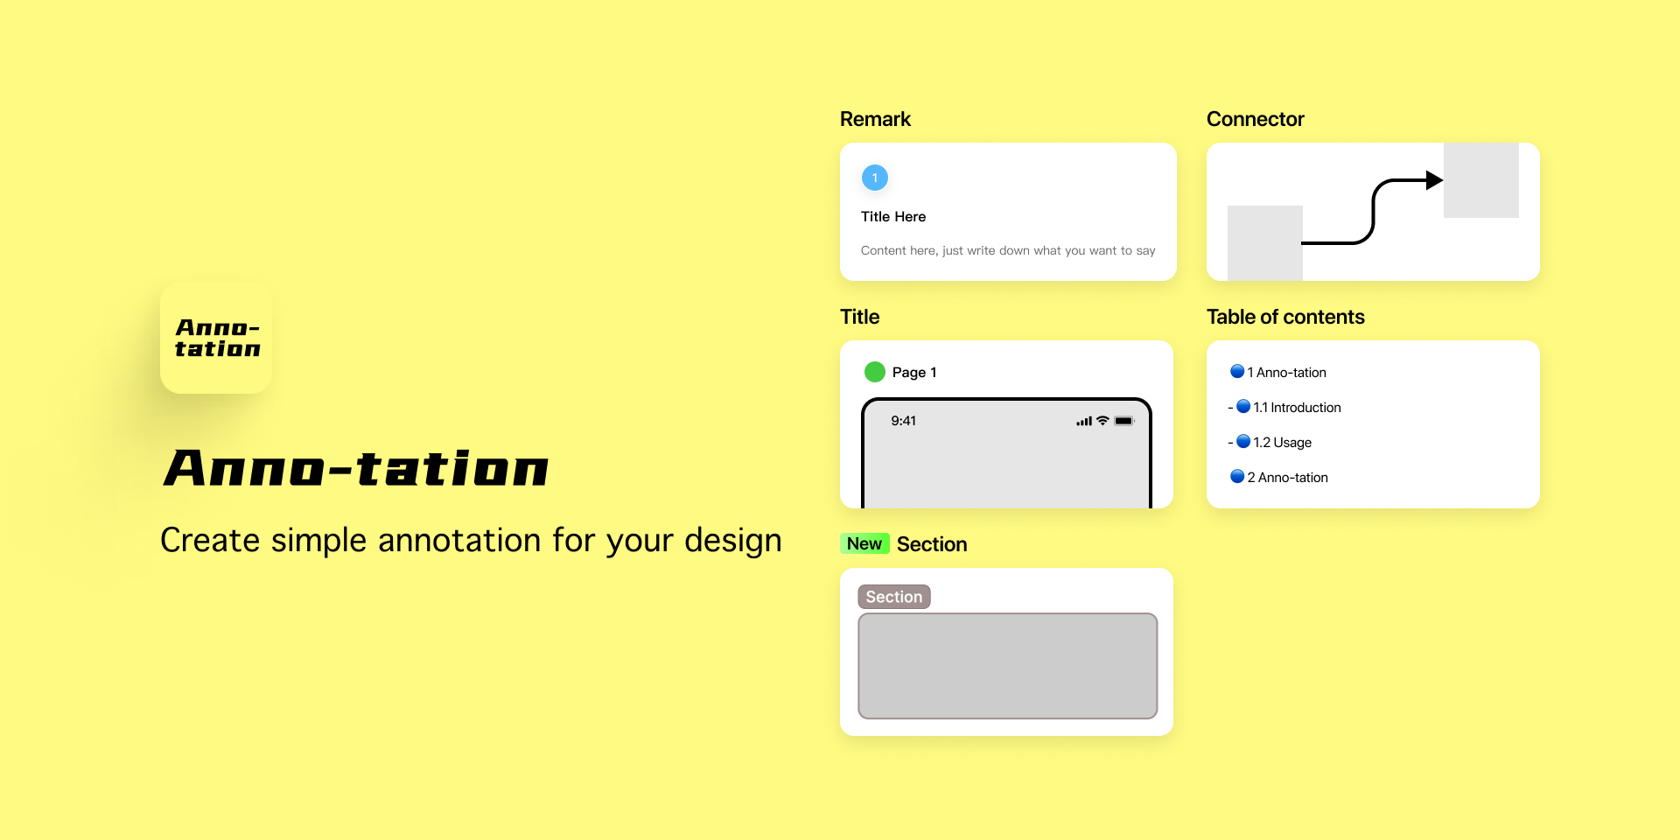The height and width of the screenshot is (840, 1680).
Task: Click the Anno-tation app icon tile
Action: (x=216, y=338)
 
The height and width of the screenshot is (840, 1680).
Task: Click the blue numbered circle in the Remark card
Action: (x=875, y=178)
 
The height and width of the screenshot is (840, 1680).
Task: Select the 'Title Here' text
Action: (x=893, y=217)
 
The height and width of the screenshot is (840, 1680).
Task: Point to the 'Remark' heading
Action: (x=875, y=119)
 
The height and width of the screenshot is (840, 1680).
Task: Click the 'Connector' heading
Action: (x=1255, y=119)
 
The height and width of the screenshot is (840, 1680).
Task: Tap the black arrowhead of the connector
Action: (x=1434, y=180)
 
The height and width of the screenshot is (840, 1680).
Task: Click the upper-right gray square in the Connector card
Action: (x=1481, y=180)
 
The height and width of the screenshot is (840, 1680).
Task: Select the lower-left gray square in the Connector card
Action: (x=1265, y=243)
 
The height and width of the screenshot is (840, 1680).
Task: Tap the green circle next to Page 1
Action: (x=875, y=372)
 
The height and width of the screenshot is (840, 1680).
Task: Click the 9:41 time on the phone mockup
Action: (x=904, y=421)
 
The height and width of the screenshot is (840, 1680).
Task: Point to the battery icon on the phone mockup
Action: (x=1124, y=421)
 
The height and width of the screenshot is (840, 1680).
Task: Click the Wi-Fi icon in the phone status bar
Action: (x=1102, y=421)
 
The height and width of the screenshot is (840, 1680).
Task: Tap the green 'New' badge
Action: (x=864, y=544)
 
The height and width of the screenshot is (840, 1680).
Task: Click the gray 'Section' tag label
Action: (x=894, y=597)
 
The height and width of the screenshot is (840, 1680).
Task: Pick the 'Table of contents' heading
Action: (x=1285, y=317)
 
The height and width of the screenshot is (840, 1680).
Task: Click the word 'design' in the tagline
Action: (x=733, y=542)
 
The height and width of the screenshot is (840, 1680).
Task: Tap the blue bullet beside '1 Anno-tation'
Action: (x=1237, y=371)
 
